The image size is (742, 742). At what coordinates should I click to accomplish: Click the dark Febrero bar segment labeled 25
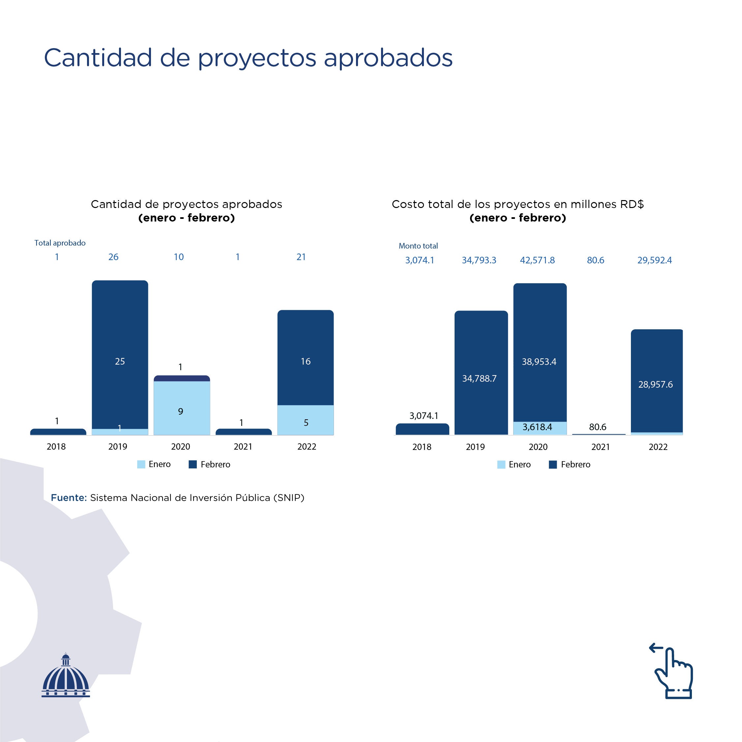click(120, 354)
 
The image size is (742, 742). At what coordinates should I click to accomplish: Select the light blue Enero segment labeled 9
click(182, 408)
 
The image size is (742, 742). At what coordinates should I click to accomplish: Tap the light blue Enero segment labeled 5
click(305, 420)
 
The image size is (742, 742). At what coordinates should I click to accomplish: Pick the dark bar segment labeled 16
click(305, 358)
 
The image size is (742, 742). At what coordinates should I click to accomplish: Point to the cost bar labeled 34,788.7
click(481, 372)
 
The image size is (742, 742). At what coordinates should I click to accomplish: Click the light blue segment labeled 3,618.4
click(540, 428)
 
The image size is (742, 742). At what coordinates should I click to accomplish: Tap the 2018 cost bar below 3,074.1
click(423, 429)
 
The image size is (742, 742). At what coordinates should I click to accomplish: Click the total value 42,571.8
click(537, 260)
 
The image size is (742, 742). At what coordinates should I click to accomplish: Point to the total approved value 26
click(113, 257)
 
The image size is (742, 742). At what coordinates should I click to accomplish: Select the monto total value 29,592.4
click(655, 260)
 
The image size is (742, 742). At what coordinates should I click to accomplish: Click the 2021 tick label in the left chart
click(243, 447)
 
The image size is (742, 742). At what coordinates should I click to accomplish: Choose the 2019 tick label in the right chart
click(475, 447)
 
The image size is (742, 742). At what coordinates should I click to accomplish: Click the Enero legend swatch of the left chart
click(141, 464)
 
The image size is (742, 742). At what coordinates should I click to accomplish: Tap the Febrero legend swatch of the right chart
click(553, 465)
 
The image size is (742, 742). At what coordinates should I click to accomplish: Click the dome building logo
click(66, 675)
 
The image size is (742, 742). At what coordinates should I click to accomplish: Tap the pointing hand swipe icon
click(672, 671)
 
